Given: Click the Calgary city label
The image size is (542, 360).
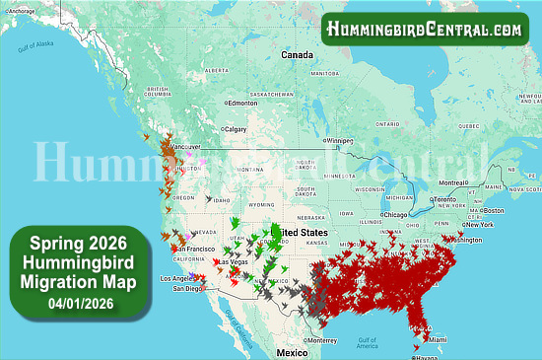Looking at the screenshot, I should [x=236, y=128].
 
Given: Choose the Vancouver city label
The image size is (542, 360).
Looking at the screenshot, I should [x=187, y=147].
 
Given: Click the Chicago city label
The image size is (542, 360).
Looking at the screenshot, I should [x=396, y=214].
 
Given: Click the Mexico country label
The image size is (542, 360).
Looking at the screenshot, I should [x=292, y=352].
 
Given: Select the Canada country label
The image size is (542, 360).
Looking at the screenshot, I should [x=297, y=54].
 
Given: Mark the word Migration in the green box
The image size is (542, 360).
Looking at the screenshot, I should [x=70, y=284].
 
